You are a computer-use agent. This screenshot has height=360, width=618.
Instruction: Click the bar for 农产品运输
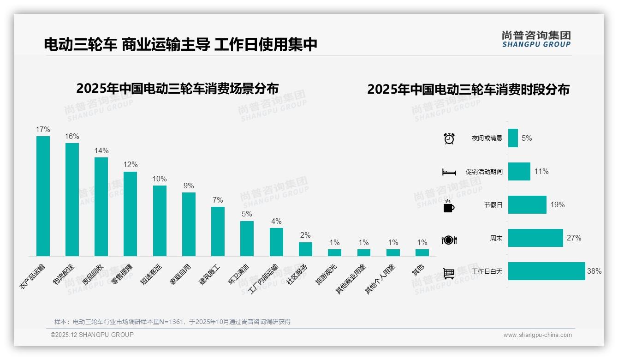tap(43, 196)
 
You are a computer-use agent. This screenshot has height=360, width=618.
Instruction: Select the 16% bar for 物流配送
tap(72, 199)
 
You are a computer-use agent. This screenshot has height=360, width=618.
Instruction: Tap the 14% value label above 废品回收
tap(101, 150)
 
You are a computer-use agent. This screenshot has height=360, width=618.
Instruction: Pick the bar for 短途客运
tap(160, 221)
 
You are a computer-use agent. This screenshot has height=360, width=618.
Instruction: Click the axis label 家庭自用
tap(182, 276)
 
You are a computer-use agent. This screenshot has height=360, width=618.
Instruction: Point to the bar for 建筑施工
tap(218, 231)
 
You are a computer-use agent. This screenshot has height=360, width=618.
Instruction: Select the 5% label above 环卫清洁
tap(247, 214)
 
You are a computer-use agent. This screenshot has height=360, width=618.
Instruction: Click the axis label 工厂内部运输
tap(264, 279)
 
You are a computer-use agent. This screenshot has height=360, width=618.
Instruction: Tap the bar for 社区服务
tap(305, 249)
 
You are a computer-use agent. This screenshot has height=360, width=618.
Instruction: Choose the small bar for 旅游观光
tap(334, 252)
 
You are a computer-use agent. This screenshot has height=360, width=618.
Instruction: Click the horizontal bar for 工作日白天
tap(547, 271)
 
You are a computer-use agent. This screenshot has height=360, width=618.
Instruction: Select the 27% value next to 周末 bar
tap(574, 238)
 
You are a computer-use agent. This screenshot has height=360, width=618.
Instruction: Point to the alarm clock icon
tap(449, 138)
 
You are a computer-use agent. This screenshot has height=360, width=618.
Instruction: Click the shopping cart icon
tap(449, 273)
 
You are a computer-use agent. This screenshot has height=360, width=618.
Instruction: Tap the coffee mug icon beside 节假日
tap(449, 206)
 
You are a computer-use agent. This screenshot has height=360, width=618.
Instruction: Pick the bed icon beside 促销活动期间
tap(449, 172)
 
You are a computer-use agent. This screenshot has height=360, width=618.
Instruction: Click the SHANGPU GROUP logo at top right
tap(536, 39)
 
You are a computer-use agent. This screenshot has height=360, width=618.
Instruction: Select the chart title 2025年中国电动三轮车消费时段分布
tap(468, 90)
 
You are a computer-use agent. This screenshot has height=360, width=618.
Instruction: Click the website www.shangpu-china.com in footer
tap(537, 335)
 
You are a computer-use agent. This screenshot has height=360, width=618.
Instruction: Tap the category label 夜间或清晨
tap(487, 138)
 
